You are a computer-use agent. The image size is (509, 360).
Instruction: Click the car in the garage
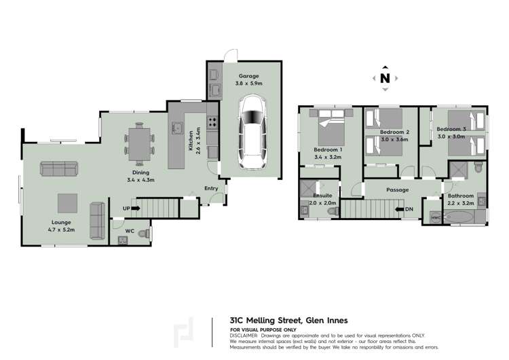(252, 132)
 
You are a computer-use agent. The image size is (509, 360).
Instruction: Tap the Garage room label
(248, 76)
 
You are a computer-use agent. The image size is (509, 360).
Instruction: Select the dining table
(139, 144)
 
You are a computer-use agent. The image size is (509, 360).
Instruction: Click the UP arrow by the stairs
(135, 209)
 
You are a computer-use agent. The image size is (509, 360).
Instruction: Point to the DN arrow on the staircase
(399, 209)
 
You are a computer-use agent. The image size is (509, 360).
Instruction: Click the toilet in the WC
(144, 234)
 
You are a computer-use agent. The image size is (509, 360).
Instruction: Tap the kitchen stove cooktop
(212, 122)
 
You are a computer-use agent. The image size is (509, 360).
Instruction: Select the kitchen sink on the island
(177, 128)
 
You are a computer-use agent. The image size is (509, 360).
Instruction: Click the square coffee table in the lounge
(67, 203)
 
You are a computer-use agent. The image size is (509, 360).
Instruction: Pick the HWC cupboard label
(436, 217)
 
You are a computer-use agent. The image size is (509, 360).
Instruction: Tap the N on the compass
(385, 78)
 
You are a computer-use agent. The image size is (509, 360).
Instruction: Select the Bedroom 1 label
(328, 150)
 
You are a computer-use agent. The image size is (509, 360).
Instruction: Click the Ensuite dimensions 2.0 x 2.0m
(322, 203)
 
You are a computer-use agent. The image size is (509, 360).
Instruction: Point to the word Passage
(397, 190)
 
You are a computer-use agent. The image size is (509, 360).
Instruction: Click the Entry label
(211, 188)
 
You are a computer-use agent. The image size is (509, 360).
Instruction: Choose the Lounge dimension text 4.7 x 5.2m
(61, 230)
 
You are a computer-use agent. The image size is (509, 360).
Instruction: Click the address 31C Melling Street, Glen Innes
(288, 321)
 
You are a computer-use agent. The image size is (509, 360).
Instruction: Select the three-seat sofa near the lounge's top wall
(59, 168)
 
